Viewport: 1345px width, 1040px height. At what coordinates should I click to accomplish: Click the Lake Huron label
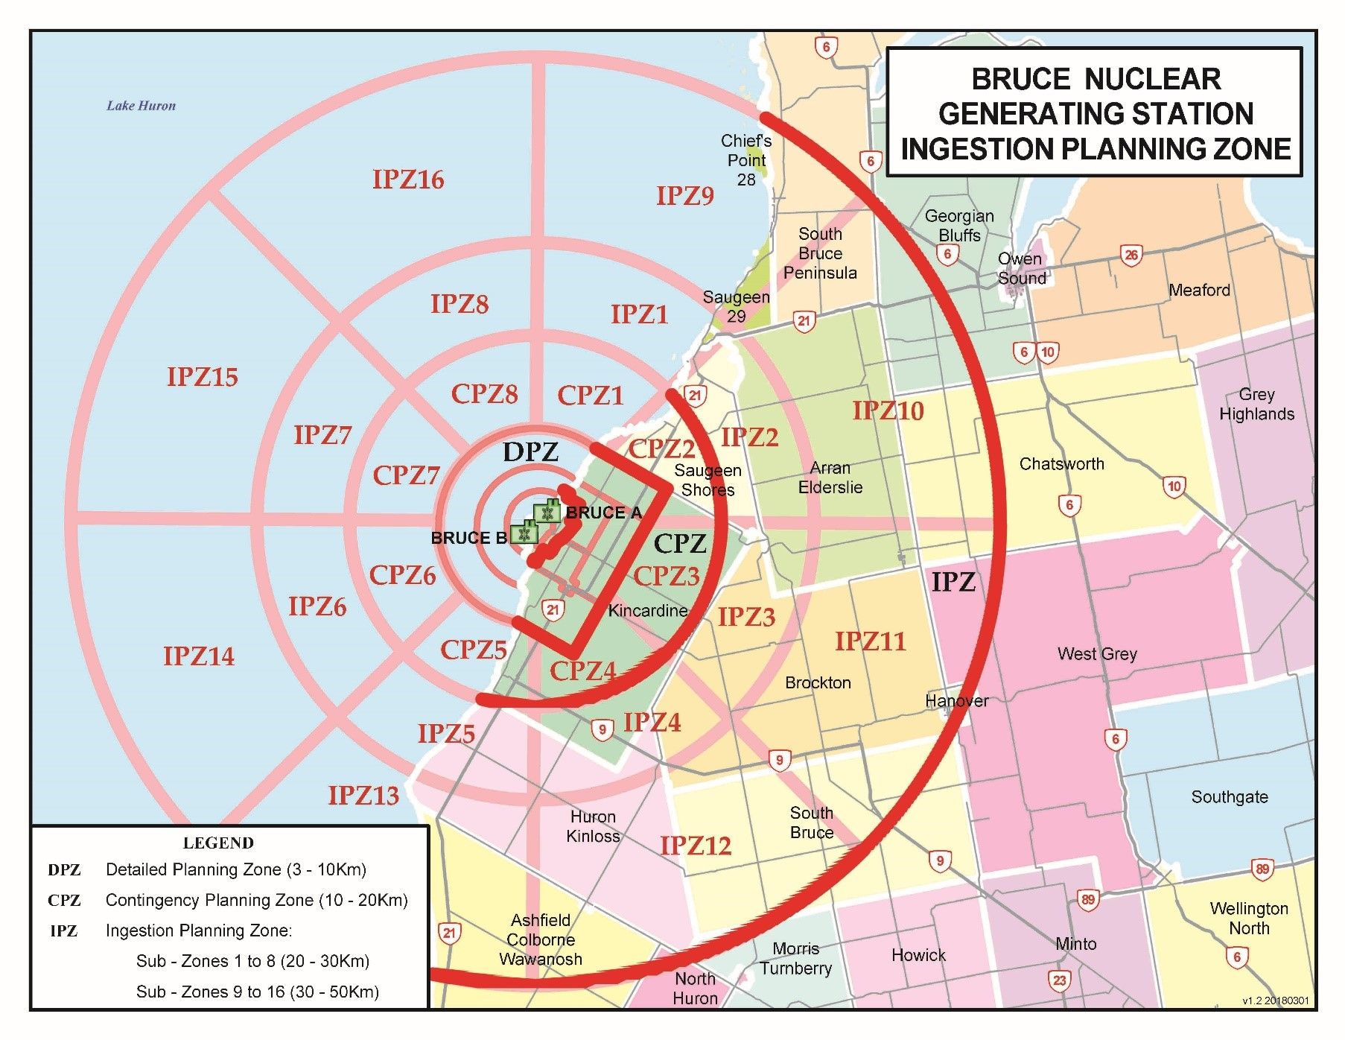(141, 106)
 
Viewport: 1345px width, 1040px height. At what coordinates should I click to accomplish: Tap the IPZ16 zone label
(408, 180)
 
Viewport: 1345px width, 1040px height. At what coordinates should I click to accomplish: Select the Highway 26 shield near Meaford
(1131, 256)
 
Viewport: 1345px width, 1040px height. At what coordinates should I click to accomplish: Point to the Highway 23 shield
(1060, 980)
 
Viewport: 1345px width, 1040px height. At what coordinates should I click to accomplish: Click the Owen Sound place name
(1022, 269)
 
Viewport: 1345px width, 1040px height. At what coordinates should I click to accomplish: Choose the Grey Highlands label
(1256, 404)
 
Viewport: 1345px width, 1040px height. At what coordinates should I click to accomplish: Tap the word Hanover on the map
(957, 700)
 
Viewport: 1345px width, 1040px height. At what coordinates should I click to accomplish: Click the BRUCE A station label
(603, 513)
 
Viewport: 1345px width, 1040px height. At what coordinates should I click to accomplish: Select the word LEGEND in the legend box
(218, 843)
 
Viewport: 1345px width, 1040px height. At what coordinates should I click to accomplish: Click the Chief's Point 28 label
(746, 160)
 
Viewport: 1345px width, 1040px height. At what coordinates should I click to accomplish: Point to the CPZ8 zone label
(484, 394)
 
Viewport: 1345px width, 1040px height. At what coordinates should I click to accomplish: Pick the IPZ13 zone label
(363, 796)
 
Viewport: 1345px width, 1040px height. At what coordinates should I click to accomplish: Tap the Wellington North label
(1249, 918)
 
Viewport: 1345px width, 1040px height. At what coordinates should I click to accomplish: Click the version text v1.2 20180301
(1275, 1001)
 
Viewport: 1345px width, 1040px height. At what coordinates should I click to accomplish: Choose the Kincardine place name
(647, 611)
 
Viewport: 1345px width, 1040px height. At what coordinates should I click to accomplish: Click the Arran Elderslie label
(830, 478)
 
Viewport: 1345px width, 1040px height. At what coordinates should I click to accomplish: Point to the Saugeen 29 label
(736, 306)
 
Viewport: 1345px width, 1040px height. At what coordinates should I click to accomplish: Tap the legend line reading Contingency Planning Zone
(256, 900)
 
